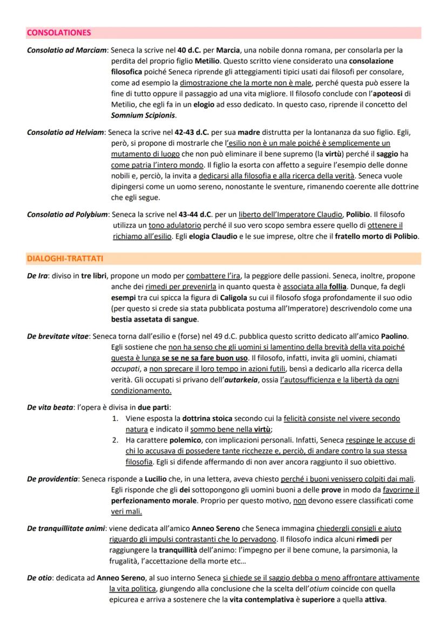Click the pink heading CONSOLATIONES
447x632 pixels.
[x=58, y=33]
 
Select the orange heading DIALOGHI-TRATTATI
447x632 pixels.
[x=65, y=259]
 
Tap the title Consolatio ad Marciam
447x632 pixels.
[x=66, y=50]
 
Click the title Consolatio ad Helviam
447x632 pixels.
[x=66, y=133]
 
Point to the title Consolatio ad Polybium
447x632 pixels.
[x=67, y=215]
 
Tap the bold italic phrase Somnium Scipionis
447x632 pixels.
[x=143, y=115]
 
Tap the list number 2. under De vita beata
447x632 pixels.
[x=116, y=440]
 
